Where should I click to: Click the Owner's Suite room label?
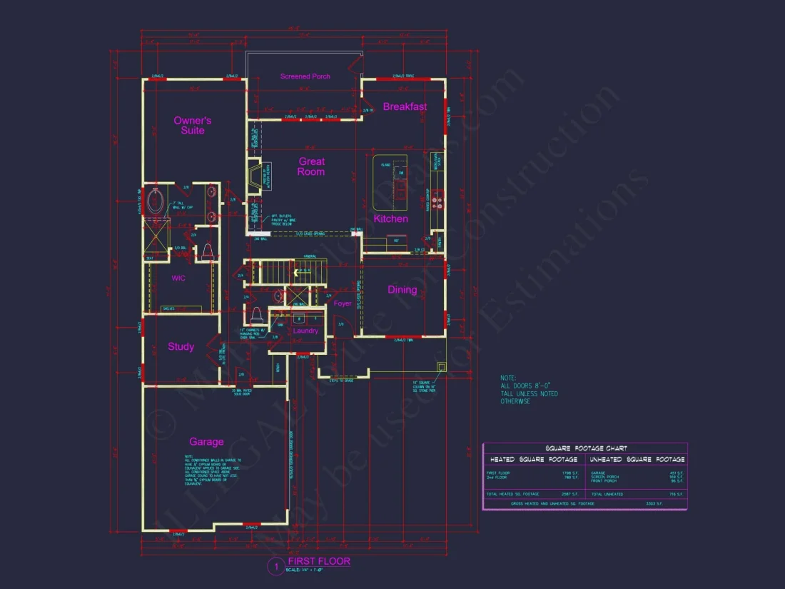pyautogui.click(x=193, y=126)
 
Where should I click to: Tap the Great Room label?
pyautogui.click(x=312, y=166)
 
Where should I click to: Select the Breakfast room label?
pyautogui.click(x=405, y=107)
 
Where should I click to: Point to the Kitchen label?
pyautogui.click(x=391, y=218)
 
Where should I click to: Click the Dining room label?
pyautogui.click(x=402, y=290)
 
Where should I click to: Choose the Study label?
pyautogui.click(x=181, y=347)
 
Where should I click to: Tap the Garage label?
pyautogui.click(x=206, y=442)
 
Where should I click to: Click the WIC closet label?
pyautogui.click(x=178, y=278)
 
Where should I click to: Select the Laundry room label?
pyautogui.click(x=306, y=331)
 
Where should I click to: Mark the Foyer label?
pyautogui.click(x=343, y=303)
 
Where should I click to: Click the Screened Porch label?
pyautogui.click(x=305, y=76)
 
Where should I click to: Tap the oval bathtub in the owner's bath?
pyautogui.click(x=155, y=201)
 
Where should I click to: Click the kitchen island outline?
pyautogui.click(x=390, y=178)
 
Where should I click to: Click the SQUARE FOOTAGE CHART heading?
pyautogui.click(x=584, y=448)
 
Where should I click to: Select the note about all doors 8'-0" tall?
pyautogui.click(x=529, y=390)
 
